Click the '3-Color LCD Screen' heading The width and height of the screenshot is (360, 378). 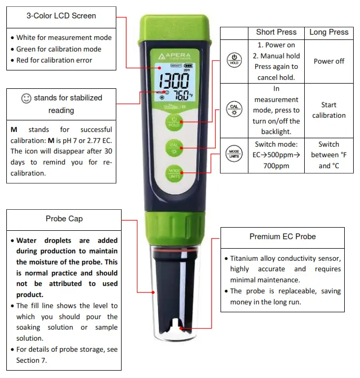[61, 16]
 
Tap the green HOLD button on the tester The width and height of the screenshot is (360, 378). [174, 122]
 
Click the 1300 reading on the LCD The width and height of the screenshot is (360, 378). [174, 81]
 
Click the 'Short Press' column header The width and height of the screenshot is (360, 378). [276, 32]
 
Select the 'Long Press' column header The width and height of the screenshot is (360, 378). [328, 32]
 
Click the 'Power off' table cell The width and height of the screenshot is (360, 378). [328, 61]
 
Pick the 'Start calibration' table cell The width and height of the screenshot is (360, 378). [328, 110]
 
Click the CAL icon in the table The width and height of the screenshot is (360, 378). [234, 109]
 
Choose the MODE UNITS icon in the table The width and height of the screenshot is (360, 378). [234, 155]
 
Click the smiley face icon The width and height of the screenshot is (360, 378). [26, 98]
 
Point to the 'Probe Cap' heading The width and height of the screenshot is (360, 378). [64, 219]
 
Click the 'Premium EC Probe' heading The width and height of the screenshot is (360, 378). [282, 237]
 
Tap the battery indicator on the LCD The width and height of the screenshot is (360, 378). [188, 66]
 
